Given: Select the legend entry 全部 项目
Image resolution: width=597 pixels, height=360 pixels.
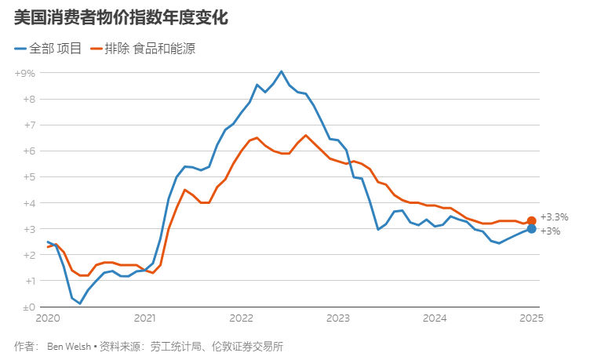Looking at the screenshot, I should pos(48,49).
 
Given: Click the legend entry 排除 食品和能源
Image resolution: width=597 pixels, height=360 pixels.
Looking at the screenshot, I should pos(144,49).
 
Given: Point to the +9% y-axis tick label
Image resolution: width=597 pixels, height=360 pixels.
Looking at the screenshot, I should pos(25,73).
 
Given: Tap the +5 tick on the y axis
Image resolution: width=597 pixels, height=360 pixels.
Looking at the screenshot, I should pos(27,176).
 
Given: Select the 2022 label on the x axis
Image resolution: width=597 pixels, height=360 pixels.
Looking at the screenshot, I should pos(242,318).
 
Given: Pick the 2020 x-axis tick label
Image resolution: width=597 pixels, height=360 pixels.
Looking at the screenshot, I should pos(48,318).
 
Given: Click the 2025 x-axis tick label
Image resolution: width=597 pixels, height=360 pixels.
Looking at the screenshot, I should pos(532,318).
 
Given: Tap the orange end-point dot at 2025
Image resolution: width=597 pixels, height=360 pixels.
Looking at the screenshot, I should pos(532,221).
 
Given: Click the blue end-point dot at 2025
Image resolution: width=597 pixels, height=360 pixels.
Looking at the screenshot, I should pos(532,229).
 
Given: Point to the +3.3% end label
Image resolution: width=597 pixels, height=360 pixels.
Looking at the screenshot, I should pos(554,217).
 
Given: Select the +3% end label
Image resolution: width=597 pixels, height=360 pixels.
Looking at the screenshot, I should pos(550,231).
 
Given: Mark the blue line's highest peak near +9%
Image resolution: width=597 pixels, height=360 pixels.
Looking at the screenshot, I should pos(282,71).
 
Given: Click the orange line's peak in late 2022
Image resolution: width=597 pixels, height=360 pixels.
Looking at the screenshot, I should pos(306,135).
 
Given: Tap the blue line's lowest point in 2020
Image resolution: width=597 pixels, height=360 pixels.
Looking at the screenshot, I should pos(80,304).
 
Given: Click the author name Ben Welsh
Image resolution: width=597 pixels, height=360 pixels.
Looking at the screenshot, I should pos(68,346).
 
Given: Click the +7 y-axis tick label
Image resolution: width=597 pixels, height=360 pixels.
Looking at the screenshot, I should pos(27,125).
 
